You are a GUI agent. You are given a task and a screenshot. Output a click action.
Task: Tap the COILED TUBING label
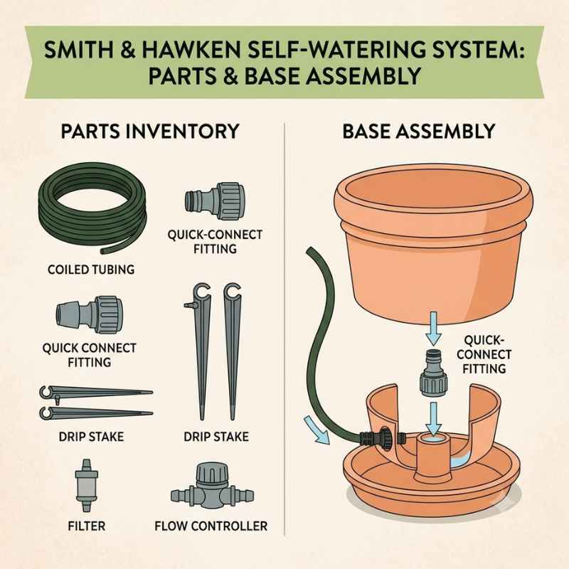click(x=91, y=270)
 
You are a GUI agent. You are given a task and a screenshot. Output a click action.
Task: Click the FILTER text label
click(x=87, y=526)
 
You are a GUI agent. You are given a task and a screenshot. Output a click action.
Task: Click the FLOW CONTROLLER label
click(x=211, y=526)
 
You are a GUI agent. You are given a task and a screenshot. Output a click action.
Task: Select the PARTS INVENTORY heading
click(x=150, y=131)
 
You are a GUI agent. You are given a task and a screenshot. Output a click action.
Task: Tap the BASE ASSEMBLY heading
click(x=419, y=131)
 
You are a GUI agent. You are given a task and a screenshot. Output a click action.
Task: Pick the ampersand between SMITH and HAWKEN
click(x=127, y=50)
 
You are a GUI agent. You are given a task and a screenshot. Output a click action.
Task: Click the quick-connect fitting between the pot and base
click(x=434, y=372)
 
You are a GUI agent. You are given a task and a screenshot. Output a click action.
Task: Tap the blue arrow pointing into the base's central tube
click(x=434, y=418)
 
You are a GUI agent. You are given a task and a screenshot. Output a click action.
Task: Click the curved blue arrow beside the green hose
click(x=317, y=430)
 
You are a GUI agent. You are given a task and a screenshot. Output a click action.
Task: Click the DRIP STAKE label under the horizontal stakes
click(x=91, y=437)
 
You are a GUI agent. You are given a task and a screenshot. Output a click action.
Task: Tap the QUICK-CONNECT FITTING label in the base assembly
click(x=484, y=354)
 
